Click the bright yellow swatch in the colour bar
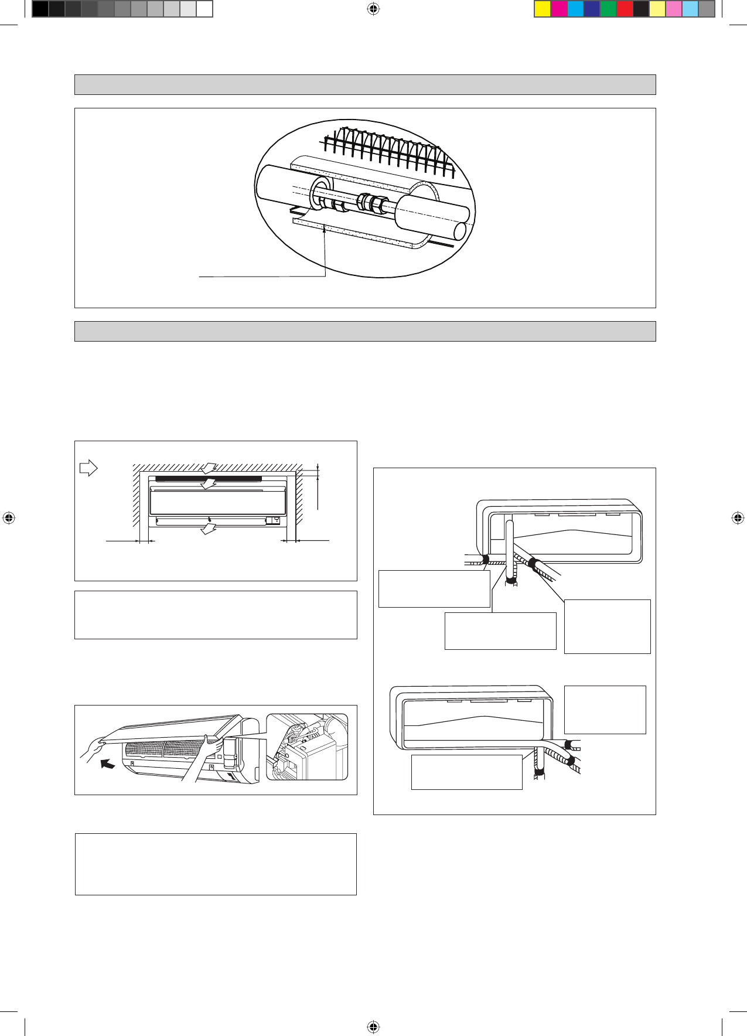pyautogui.click(x=543, y=9)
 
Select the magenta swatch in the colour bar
pyautogui.click(x=559, y=9)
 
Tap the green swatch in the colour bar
pyautogui.click(x=608, y=9)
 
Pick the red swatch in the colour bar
pyautogui.click(x=625, y=9)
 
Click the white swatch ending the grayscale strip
pyautogui.click(x=204, y=9)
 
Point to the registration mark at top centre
pyautogui.click(x=373, y=9)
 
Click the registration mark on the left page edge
pyautogui.click(x=9, y=518)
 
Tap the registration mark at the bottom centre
pyautogui.click(x=373, y=1027)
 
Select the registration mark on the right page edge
pyautogui.click(x=738, y=518)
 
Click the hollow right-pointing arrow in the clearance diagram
pyautogui.click(x=88, y=468)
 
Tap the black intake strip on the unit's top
pyautogui.click(x=205, y=479)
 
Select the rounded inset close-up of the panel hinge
pyautogui.click(x=307, y=747)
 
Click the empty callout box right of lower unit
pyautogui.click(x=605, y=709)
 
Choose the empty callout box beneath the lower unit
pyautogui.click(x=466, y=772)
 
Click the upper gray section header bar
pyautogui.click(x=364, y=84)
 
